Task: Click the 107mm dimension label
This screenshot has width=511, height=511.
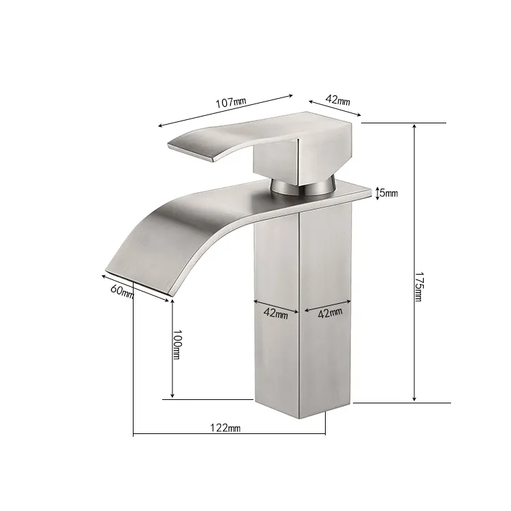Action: (x=231, y=102)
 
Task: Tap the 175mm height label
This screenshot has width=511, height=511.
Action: (x=418, y=286)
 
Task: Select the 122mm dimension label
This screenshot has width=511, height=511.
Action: (x=226, y=427)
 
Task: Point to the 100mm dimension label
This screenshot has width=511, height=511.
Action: (x=177, y=344)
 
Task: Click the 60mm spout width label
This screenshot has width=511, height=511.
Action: (x=122, y=291)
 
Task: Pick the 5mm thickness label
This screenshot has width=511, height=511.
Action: (x=389, y=193)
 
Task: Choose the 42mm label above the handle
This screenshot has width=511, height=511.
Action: (x=338, y=99)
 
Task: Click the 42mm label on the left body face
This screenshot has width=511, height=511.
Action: (x=276, y=313)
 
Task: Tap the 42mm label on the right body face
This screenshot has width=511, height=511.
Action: (x=330, y=313)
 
